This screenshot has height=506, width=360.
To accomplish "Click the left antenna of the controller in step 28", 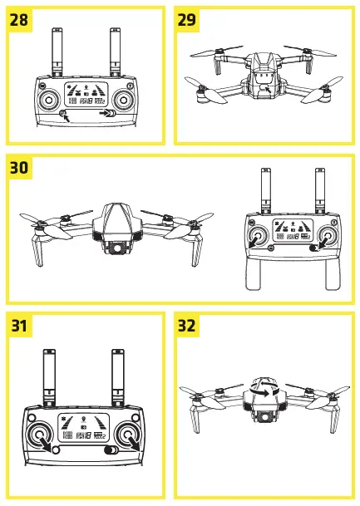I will (57, 52).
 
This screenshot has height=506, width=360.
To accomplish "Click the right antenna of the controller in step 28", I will (115, 52).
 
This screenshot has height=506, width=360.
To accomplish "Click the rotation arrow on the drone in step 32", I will (264, 386).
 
